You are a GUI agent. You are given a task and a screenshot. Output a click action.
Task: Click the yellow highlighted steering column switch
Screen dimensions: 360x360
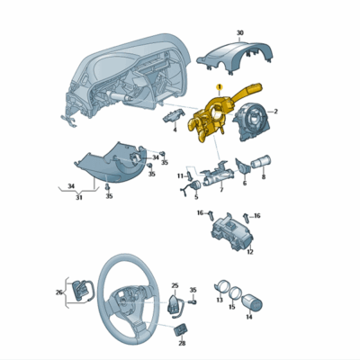[212, 121]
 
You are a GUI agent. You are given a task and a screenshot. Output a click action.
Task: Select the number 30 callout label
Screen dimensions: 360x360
[239, 32]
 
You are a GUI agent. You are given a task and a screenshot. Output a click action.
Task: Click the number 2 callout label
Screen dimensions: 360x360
[274, 112]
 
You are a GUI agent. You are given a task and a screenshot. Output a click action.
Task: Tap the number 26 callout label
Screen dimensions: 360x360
[58, 292]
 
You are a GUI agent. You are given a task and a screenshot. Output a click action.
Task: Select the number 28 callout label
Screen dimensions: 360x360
[182, 343]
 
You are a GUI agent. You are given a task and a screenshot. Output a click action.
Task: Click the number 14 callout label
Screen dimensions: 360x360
[248, 318]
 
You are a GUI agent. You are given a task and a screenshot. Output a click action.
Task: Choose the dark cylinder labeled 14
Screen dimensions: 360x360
[249, 298]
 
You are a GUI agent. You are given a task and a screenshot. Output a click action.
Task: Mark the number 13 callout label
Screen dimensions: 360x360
[219, 300]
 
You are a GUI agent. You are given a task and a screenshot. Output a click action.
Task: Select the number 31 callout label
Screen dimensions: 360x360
[78, 198]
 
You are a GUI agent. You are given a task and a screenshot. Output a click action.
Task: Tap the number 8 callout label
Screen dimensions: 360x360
[264, 178]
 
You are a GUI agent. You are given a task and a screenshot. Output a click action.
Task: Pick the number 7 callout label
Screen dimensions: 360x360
[221, 192]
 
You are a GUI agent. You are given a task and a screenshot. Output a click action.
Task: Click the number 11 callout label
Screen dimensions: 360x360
[179, 175]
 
